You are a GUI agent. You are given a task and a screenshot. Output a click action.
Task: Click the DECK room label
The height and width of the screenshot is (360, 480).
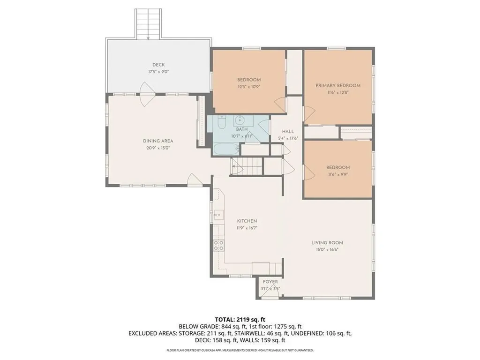point(158,65)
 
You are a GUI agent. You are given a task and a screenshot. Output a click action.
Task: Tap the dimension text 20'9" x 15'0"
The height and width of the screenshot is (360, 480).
point(158,148)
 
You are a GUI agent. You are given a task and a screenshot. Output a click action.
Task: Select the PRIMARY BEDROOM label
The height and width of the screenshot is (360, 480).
point(337,85)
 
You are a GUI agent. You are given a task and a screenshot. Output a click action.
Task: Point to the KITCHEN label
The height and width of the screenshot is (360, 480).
point(247,221)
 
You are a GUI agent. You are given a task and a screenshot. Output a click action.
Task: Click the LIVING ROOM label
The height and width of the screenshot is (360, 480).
point(327,242)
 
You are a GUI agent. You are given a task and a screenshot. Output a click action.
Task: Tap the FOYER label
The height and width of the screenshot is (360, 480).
point(270,282)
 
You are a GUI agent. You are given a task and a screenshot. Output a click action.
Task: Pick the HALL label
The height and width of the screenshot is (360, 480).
point(288,132)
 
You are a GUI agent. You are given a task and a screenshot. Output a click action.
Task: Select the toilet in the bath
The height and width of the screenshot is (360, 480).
point(222,121)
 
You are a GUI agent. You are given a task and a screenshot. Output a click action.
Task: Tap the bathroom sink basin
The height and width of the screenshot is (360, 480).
point(241,119)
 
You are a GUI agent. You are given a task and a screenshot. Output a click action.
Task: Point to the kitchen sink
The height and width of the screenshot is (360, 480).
point(218,215)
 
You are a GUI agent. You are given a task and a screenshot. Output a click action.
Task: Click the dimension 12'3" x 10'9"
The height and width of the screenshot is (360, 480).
point(249,87)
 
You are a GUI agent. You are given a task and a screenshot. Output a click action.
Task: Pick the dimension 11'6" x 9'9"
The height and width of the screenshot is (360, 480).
point(338,174)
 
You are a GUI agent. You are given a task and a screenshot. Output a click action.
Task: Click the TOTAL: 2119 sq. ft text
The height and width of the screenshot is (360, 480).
point(240,319)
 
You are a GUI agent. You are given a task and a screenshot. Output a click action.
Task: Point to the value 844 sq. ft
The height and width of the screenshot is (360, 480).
point(232,326)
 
